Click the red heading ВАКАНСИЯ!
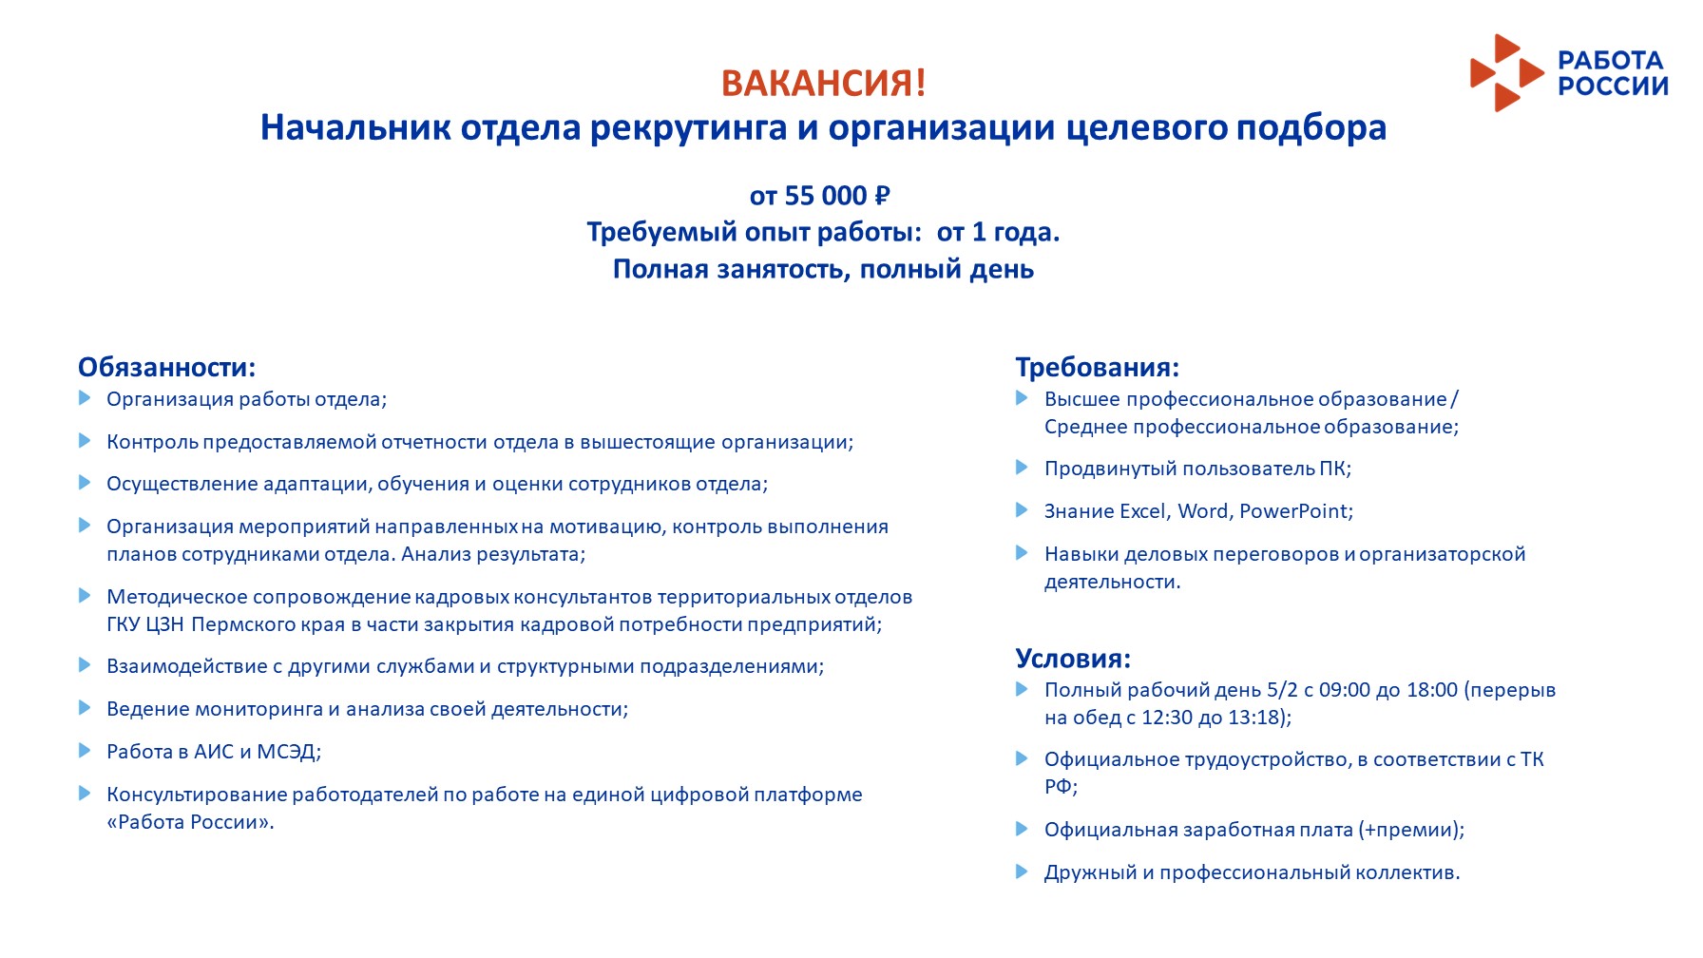tap(823, 84)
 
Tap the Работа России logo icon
tap(1506, 73)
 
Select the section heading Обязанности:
tap(166, 368)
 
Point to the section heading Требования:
tap(1097, 368)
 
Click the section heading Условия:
tap(1073, 659)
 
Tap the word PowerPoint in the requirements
tap(1293, 511)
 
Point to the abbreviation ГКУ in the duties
tap(124, 624)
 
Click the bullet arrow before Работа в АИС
tap(85, 751)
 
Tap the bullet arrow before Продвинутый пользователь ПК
tap(1023, 468)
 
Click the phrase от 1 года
tap(998, 233)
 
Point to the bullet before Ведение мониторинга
tap(85, 708)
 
